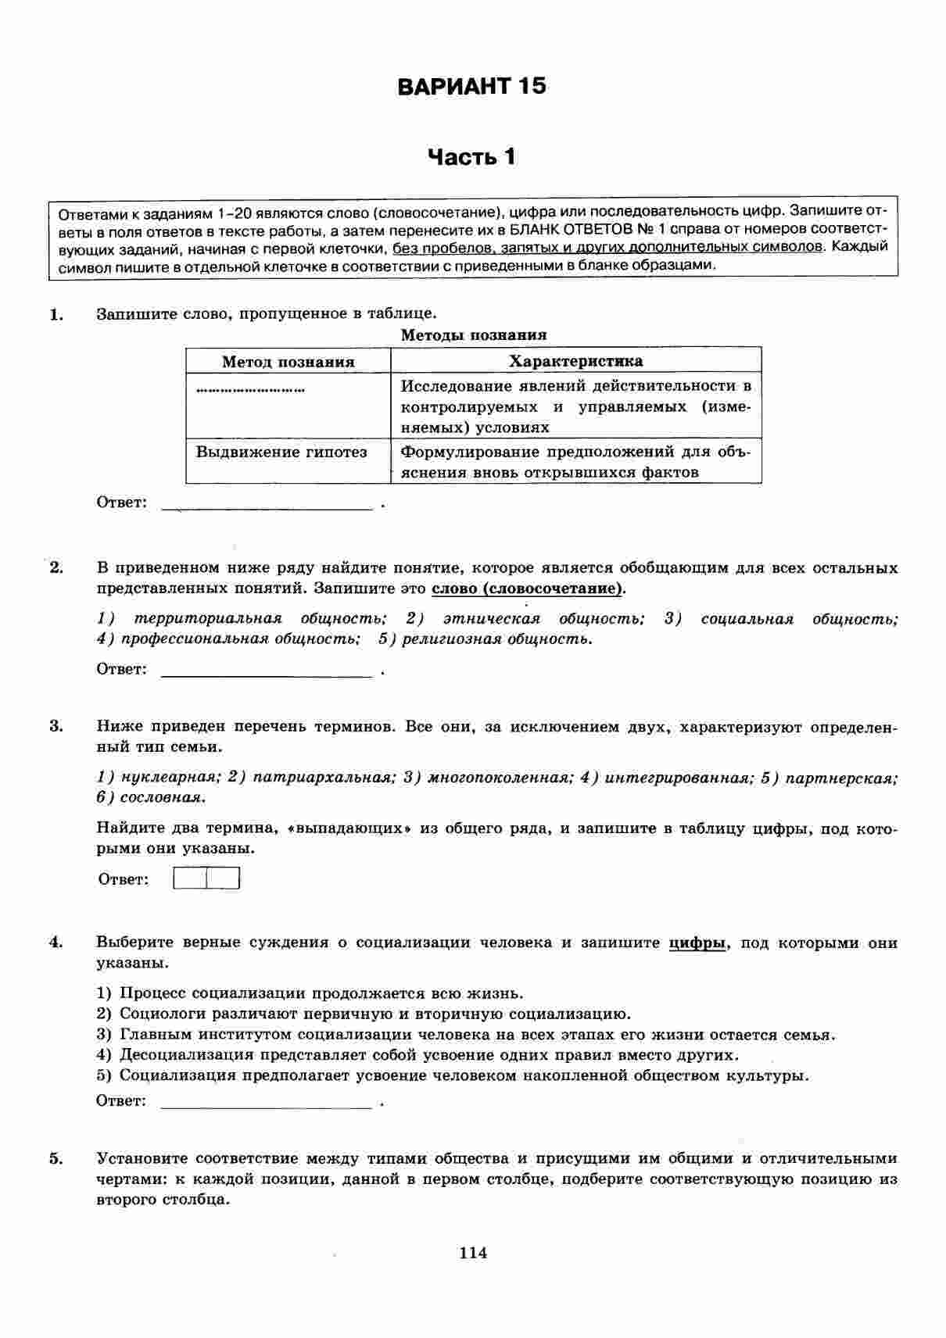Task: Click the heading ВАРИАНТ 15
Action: (471, 86)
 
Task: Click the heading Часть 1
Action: (471, 157)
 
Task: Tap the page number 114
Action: (473, 1253)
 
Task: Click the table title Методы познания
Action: (473, 335)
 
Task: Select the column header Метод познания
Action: (288, 362)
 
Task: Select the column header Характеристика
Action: (576, 361)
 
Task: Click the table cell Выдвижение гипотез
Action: (281, 453)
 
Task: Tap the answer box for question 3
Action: (206, 879)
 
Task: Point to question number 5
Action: (56, 1158)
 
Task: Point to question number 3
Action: (56, 726)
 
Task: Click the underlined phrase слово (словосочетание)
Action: (529, 589)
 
